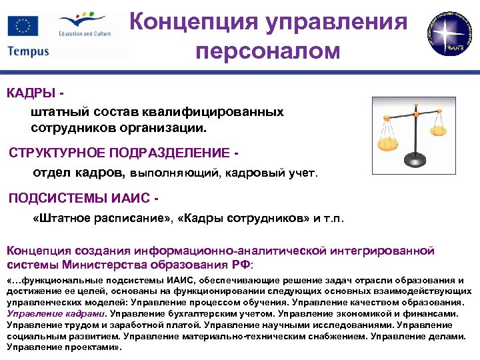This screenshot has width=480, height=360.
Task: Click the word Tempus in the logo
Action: click(x=29, y=51)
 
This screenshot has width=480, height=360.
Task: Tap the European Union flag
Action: click(x=23, y=27)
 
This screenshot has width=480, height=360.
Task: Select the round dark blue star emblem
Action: click(x=449, y=31)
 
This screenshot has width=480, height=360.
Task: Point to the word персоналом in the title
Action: click(x=267, y=51)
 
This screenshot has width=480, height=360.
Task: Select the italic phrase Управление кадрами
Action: click(x=55, y=313)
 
